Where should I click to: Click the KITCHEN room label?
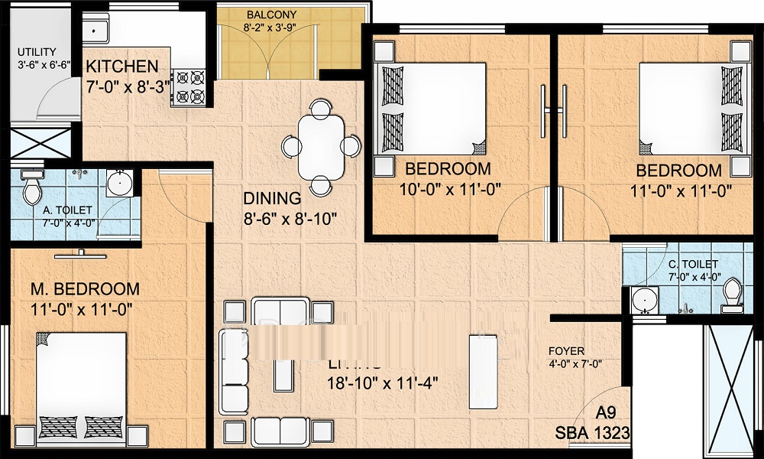122,67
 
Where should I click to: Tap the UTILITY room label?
36,52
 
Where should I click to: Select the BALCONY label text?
271,15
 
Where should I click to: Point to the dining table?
321,145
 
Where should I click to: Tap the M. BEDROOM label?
85,289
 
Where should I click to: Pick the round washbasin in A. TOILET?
118,184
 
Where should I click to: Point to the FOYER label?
566,351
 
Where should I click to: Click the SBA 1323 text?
592,434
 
